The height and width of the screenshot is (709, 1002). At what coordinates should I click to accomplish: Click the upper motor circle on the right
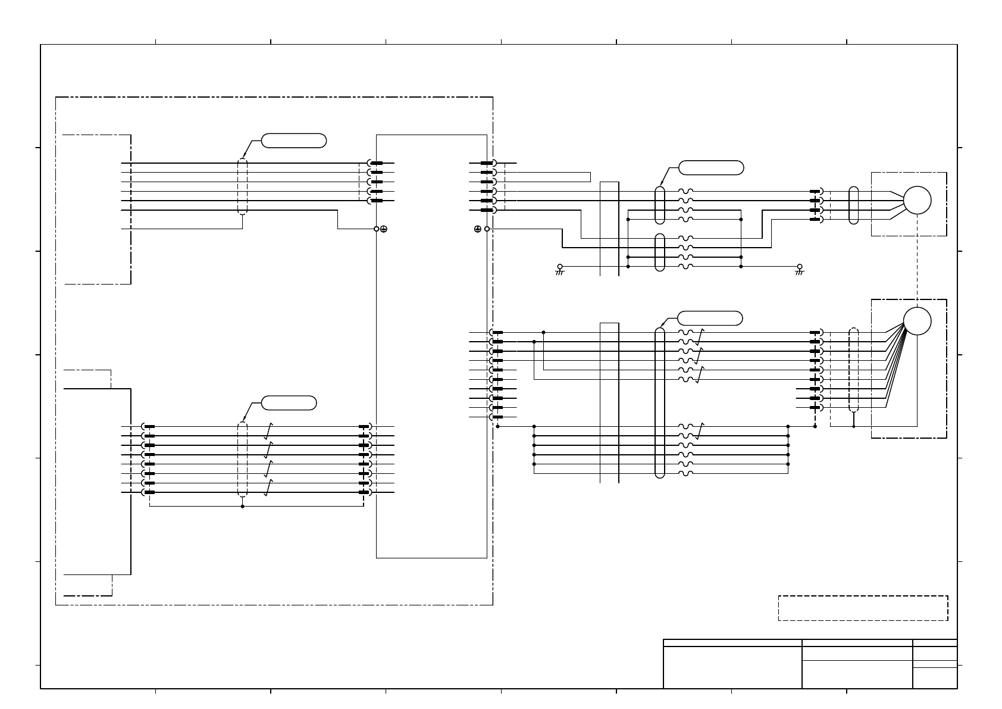(x=917, y=200)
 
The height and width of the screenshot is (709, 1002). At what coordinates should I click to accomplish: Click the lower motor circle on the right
(x=917, y=321)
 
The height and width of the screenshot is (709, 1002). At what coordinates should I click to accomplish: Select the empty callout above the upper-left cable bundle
(x=294, y=140)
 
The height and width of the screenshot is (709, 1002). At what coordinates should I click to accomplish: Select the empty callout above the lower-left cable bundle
(x=289, y=402)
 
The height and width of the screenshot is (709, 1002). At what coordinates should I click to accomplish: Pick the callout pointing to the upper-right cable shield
(x=711, y=167)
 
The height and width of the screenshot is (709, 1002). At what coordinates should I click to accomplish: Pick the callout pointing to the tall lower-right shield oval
(x=710, y=318)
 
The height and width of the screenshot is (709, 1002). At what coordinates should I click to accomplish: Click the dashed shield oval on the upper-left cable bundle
(x=242, y=186)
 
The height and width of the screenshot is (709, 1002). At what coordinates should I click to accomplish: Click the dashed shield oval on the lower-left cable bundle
(x=242, y=459)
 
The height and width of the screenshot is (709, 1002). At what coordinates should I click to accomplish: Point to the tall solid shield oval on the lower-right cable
(x=659, y=402)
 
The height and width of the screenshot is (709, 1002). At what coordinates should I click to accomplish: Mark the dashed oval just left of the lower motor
(x=854, y=369)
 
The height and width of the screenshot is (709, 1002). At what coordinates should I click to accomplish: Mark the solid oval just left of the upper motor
(x=854, y=205)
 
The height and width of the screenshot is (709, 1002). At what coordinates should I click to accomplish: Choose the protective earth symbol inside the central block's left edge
(x=384, y=229)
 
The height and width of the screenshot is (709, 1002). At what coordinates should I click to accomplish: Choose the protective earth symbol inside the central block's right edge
(x=478, y=229)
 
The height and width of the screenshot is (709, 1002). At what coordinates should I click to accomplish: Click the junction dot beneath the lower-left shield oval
(x=242, y=507)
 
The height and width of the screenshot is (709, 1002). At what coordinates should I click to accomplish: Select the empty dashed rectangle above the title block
(x=863, y=608)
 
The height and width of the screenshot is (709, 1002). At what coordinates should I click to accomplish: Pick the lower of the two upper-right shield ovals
(x=659, y=252)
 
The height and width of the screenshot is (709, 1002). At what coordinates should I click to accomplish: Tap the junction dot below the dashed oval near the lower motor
(x=854, y=426)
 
